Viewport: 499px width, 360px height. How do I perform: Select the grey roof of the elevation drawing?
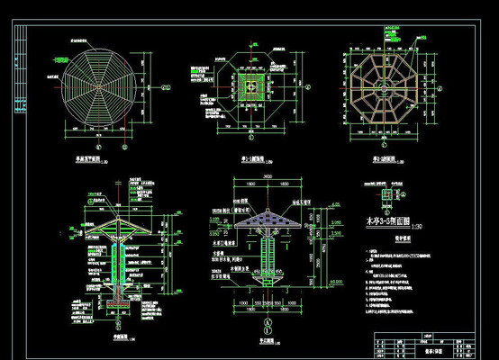point(264,219)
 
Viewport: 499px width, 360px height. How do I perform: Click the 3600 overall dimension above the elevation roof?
point(263,192)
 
